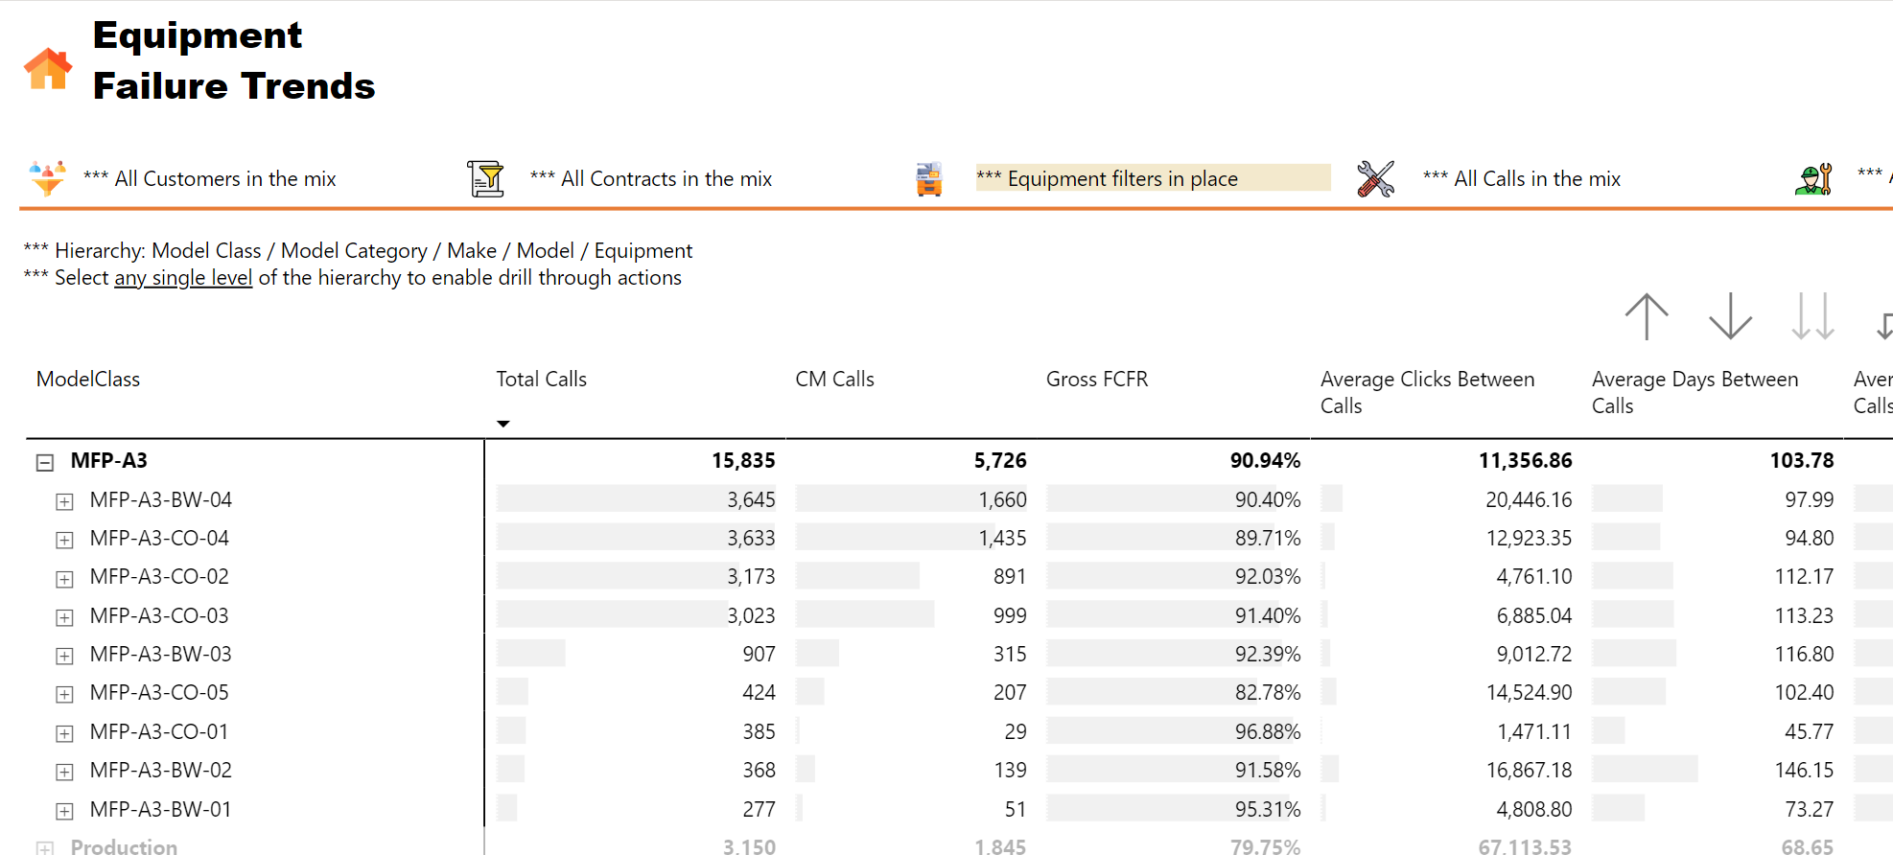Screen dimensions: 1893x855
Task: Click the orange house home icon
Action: (48, 69)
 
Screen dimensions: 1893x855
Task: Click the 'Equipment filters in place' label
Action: (1122, 179)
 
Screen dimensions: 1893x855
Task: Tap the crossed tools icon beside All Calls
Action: (1375, 179)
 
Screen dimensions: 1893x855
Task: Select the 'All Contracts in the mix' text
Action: (666, 179)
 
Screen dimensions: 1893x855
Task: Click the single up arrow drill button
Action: (1647, 316)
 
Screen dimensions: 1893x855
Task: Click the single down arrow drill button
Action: (1730, 316)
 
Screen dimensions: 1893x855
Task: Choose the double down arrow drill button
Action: (1812, 316)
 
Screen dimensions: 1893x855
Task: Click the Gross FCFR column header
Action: (1097, 380)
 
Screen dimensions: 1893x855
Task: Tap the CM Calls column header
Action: (834, 380)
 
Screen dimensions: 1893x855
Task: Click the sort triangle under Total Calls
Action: (503, 424)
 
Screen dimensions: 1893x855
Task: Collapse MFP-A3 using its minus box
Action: (45, 463)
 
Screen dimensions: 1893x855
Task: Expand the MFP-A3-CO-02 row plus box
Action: (64, 579)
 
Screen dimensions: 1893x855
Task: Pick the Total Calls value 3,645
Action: (751, 500)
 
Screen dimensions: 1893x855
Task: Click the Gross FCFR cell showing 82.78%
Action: (1268, 693)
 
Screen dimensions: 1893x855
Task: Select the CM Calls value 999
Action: (1010, 616)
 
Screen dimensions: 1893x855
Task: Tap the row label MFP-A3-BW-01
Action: (161, 810)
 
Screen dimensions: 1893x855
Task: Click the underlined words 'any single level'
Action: (183, 278)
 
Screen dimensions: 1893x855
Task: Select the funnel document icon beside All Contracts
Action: (486, 179)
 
